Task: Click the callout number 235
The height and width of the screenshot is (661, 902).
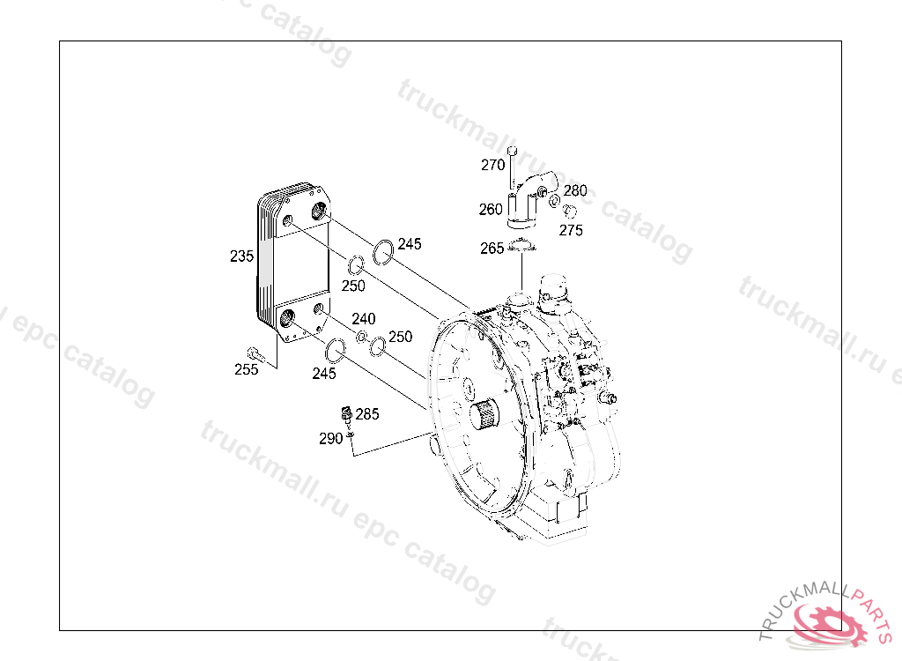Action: [241, 256]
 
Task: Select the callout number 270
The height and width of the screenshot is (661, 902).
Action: [493, 166]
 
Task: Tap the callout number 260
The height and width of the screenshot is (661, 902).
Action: [491, 210]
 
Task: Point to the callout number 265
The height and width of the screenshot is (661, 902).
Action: [492, 249]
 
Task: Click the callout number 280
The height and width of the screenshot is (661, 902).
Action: [575, 190]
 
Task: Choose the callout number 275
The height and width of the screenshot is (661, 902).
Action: [571, 230]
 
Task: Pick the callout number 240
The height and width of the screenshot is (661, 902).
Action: [364, 319]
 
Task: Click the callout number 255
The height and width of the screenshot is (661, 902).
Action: [247, 369]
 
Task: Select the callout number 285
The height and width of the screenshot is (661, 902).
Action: [367, 414]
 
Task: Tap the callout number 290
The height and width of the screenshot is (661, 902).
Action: [331, 439]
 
